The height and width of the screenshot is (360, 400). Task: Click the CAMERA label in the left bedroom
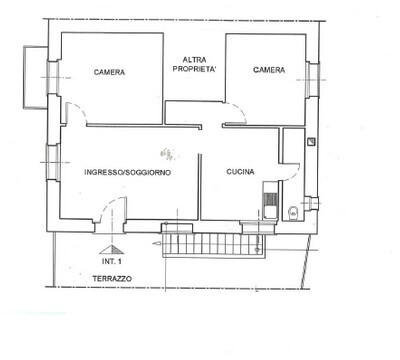coord(109,71)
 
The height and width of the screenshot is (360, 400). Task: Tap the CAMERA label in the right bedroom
coord(268,70)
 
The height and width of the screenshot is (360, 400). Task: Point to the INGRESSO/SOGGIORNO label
coord(127,171)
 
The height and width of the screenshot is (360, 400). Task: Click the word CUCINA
coord(239,171)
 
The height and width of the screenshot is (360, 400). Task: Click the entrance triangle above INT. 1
coord(111,247)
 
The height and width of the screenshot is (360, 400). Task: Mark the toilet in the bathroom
coord(293,210)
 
